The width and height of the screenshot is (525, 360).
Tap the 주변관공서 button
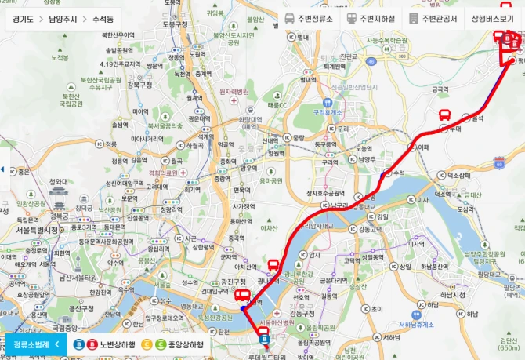(x=435, y=18)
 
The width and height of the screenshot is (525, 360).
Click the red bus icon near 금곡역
(x=444, y=115)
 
